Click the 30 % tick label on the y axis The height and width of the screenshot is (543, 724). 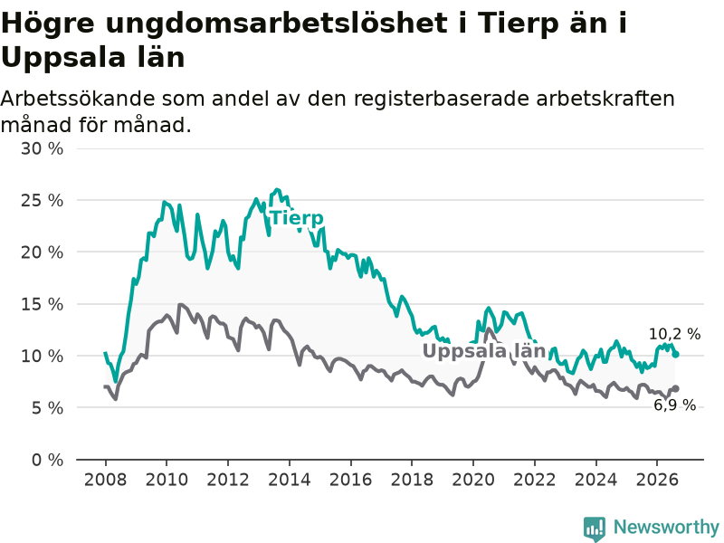42,148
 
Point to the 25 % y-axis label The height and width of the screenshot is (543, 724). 42,200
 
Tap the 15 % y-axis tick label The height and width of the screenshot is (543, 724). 42,304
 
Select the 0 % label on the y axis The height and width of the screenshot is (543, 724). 48,460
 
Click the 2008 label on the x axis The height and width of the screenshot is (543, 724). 105,480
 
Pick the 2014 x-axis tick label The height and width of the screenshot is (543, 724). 290,480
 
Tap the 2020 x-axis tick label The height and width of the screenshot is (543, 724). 473,480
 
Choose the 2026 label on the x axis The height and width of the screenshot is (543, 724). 657,480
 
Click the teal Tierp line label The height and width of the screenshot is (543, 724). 297,218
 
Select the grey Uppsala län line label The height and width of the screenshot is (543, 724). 484,351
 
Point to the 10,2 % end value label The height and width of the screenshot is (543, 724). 674,334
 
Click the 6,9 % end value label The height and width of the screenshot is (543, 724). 674,405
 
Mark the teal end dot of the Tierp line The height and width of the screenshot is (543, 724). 675,354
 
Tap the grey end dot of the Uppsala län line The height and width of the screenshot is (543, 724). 675,388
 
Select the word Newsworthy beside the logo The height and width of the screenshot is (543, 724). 666,527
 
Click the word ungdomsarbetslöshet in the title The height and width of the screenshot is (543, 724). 276,24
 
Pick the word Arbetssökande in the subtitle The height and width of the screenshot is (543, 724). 78,99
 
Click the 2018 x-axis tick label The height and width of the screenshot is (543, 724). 412,480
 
